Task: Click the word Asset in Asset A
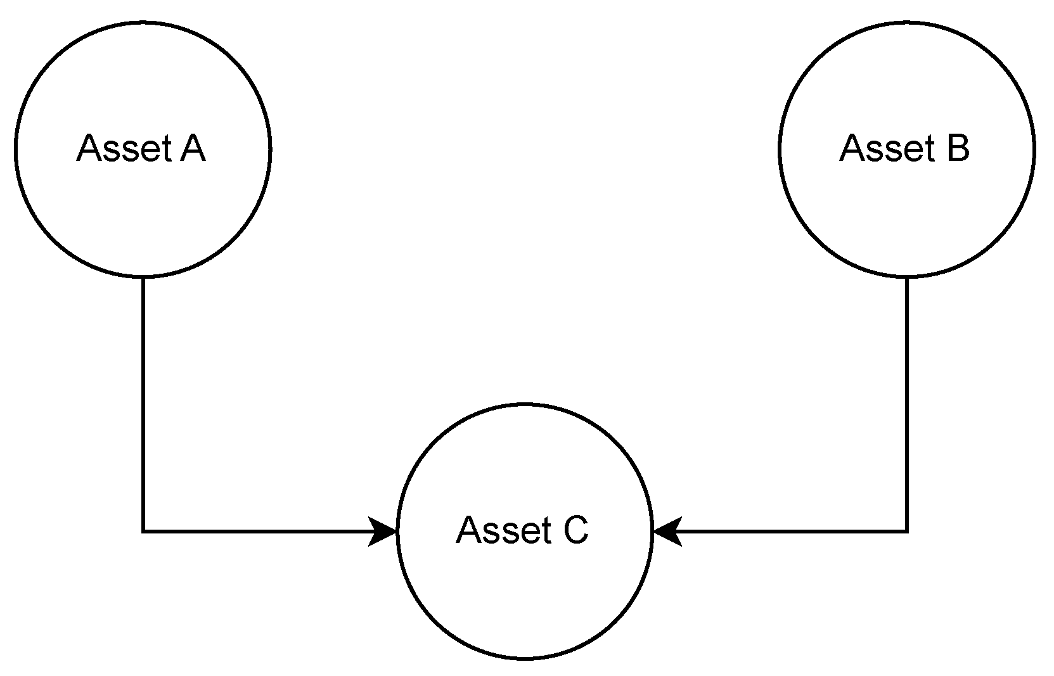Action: click(124, 149)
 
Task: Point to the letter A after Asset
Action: click(193, 148)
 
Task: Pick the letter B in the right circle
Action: click(957, 148)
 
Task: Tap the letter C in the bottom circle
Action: click(575, 530)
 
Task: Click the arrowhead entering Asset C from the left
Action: click(384, 531)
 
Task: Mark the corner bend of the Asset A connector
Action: click(144, 531)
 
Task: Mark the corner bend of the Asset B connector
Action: click(907, 531)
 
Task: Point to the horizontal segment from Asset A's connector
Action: click(254, 531)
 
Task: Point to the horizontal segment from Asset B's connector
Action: click(792, 531)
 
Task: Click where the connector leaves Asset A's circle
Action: click(144, 277)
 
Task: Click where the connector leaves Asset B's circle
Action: click(907, 277)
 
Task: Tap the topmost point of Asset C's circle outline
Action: click(524, 404)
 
